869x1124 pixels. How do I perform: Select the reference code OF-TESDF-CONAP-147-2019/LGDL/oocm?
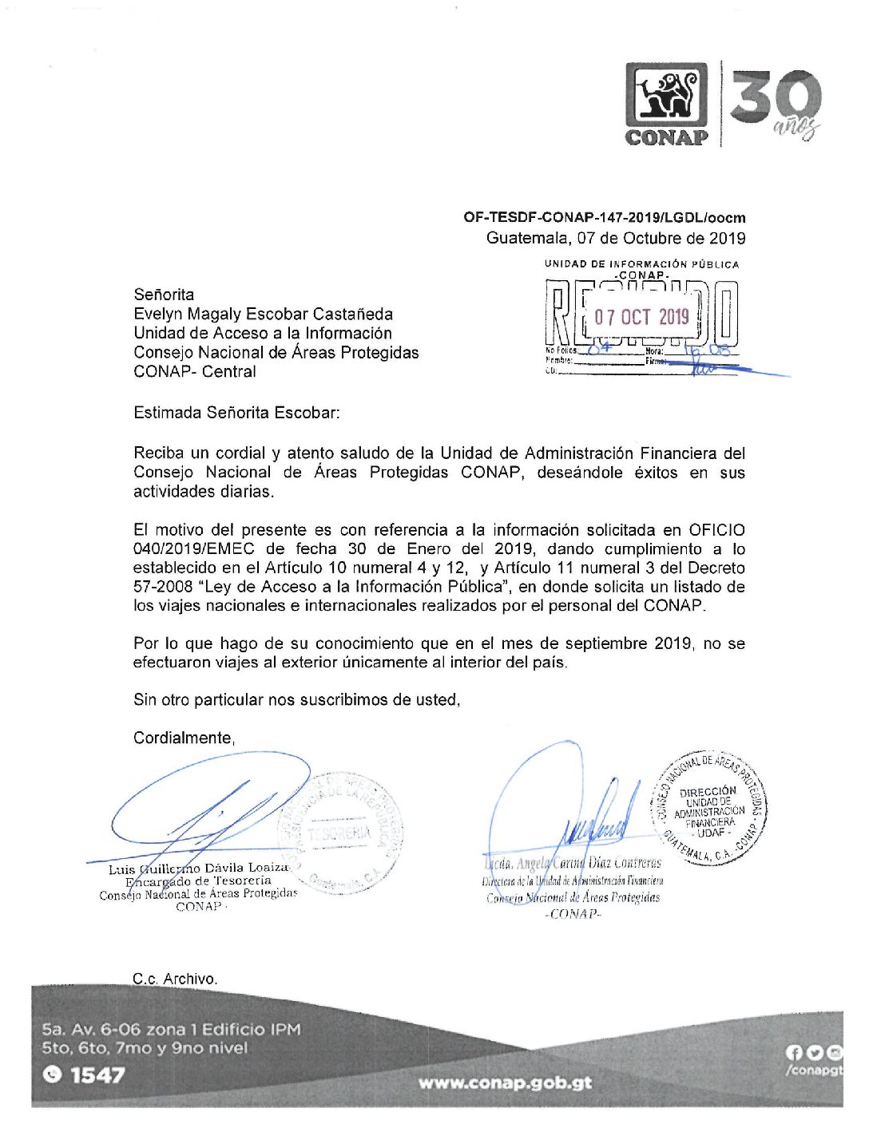[x=604, y=217]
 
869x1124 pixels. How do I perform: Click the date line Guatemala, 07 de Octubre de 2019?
[x=615, y=238]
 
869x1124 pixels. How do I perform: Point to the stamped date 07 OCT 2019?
[x=641, y=317]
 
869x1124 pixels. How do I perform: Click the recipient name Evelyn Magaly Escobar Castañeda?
[x=263, y=314]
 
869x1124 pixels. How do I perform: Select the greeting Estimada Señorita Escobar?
[x=236, y=413]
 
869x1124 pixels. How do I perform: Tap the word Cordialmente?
[x=184, y=738]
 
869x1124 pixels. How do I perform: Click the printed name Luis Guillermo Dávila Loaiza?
[x=198, y=869]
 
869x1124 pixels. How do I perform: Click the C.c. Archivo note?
[x=175, y=979]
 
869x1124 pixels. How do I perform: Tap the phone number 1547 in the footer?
[x=97, y=1075]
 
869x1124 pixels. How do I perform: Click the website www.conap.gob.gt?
[x=505, y=1083]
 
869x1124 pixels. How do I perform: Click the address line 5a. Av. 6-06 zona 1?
[x=171, y=1030]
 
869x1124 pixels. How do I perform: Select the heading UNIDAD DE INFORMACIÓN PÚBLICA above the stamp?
[x=641, y=263]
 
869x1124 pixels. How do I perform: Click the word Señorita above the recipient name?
[x=164, y=295]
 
